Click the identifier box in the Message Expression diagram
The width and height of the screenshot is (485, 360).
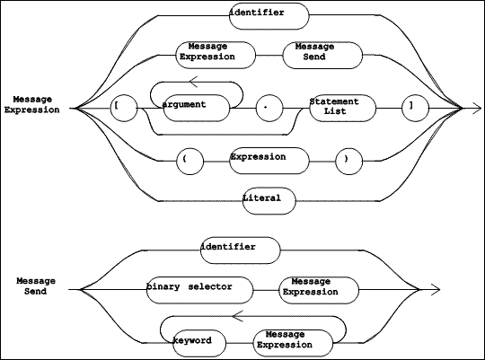269,16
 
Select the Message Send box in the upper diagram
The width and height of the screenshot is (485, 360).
322,56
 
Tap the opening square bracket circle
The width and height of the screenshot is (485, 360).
124,109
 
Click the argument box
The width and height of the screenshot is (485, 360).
197,108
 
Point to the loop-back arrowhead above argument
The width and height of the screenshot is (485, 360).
193,82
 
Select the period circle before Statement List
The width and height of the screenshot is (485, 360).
269,109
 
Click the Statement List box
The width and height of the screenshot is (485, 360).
343,109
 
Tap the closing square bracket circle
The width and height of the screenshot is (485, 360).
416,109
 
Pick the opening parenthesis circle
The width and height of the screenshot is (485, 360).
190,161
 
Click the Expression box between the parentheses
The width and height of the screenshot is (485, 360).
269,161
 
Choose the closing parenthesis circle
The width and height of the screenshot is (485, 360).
348,161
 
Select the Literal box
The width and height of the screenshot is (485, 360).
269,201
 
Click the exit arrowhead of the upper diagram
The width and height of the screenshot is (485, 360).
477,109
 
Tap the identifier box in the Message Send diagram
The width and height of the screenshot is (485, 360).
241,250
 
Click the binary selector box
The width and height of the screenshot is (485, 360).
199,290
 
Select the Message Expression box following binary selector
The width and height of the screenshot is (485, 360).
319,290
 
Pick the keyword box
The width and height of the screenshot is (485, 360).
199,343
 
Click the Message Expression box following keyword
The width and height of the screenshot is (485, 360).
293,343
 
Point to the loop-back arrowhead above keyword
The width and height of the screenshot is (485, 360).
237,316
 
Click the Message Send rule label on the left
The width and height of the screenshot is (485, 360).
36,286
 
